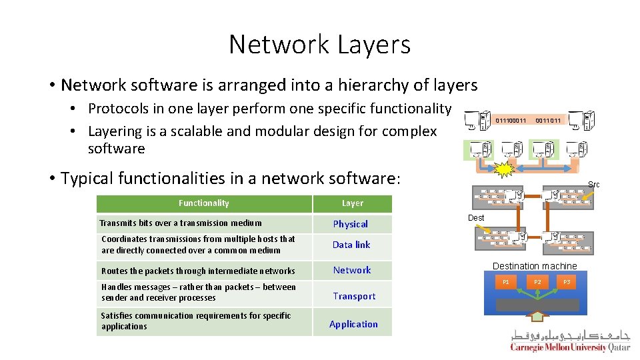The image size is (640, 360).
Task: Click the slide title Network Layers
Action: [x=319, y=44]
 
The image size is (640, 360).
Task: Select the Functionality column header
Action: [x=203, y=203]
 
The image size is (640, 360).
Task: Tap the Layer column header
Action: [x=353, y=203]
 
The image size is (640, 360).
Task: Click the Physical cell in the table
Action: [x=351, y=224]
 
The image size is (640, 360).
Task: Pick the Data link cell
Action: [x=351, y=245]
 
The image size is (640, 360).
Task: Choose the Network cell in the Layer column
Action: [x=352, y=270]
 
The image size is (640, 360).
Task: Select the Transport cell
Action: [x=354, y=296]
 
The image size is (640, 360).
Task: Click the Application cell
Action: [x=353, y=324]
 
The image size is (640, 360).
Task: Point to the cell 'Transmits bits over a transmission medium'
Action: [x=181, y=223]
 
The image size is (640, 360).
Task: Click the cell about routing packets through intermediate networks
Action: [x=198, y=271]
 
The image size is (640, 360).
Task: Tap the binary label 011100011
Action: [x=511, y=121]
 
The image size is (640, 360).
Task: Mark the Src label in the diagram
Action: [x=593, y=184]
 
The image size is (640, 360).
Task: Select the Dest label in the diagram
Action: [x=476, y=218]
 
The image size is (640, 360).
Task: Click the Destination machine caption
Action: [x=535, y=266]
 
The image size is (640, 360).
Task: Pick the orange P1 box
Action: [x=506, y=282]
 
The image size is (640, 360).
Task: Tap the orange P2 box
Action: [x=537, y=282]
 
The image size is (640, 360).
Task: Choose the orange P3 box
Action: [x=567, y=282]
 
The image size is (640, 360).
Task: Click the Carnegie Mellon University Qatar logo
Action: [x=570, y=340]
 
